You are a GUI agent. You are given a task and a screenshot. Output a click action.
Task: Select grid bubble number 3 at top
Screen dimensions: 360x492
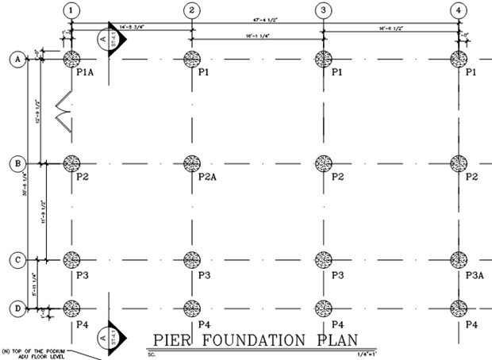[x=323, y=10]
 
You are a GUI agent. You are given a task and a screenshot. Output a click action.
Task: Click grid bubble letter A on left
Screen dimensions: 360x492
[x=16, y=59]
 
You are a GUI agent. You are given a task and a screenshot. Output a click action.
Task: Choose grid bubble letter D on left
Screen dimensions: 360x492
[x=16, y=308]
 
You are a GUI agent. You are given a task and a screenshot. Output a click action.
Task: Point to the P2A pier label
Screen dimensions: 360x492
[x=208, y=176]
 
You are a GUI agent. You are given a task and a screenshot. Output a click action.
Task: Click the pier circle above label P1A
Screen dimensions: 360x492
[x=71, y=59]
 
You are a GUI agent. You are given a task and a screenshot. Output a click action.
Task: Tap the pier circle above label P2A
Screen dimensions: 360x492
[x=192, y=163]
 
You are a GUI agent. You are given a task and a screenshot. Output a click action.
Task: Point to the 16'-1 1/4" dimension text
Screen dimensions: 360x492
[x=258, y=36]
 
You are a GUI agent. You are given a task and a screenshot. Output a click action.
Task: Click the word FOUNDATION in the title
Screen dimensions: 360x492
[x=250, y=340]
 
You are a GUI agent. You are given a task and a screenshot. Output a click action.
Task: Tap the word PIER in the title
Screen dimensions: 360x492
[x=170, y=340]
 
